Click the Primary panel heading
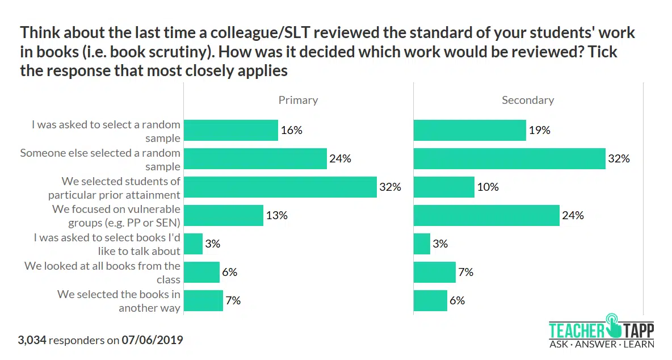tap(298, 100)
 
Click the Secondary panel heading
tap(527, 100)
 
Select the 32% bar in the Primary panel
tap(280, 187)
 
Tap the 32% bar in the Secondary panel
tap(509, 158)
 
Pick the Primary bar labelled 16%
tap(231, 130)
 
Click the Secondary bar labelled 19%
tap(469, 130)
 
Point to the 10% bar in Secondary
tap(444, 187)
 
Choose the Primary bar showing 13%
tap(224, 215)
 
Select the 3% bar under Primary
tap(194, 244)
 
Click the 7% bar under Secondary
tap(434, 272)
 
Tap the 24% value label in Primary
tap(340, 158)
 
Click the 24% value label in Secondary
tap(573, 215)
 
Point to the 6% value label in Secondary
tap(457, 300)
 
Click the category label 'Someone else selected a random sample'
tap(100, 160)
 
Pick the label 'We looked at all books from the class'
tap(103, 273)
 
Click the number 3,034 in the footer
tap(32, 341)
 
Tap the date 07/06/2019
tap(152, 341)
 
